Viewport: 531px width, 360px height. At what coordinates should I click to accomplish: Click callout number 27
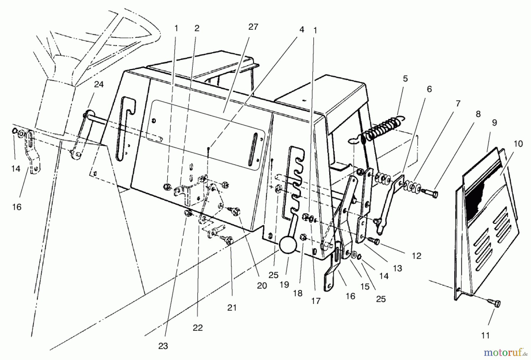(253, 27)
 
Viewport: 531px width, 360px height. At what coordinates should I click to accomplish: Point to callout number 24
(99, 84)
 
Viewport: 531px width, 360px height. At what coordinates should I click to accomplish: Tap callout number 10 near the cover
(518, 144)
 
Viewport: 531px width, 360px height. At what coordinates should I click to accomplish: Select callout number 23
(163, 346)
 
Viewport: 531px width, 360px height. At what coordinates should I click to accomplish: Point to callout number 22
(198, 328)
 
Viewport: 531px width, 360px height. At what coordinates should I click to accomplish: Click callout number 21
(232, 307)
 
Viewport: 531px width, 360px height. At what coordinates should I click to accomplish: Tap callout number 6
(429, 89)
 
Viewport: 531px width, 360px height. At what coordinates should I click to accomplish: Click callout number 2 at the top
(197, 28)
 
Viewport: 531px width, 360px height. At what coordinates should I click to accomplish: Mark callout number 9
(494, 122)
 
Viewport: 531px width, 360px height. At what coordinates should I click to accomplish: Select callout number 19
(284, 285)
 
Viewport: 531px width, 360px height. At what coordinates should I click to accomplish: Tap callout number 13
(398, 268)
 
